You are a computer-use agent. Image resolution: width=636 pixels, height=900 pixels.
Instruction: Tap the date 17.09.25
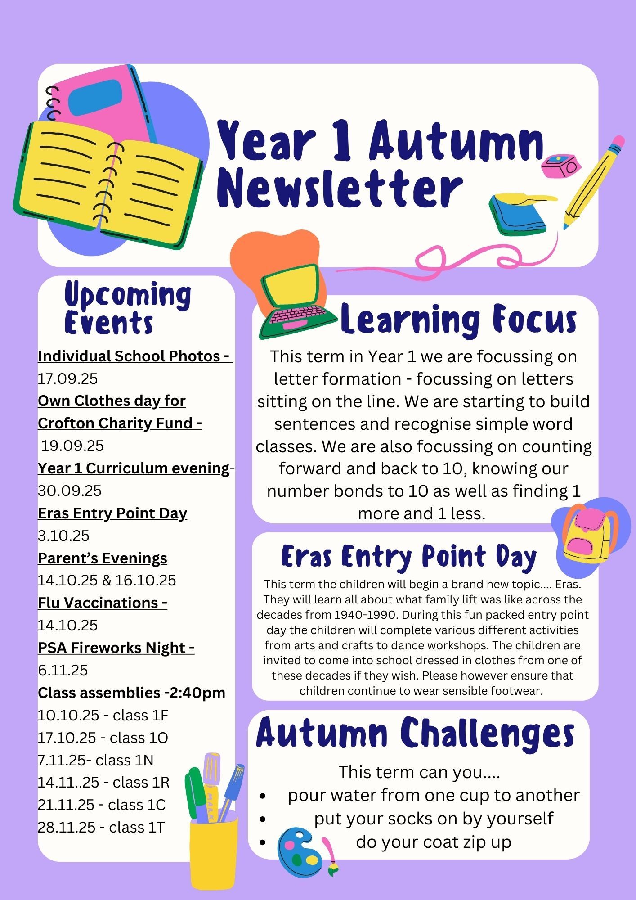(67, 378)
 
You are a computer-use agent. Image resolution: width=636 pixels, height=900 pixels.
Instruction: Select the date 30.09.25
(70, 490)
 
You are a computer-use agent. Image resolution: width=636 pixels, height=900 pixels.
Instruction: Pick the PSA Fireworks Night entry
(116, 648)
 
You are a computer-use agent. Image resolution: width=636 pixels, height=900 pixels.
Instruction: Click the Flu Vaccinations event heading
(102, 603)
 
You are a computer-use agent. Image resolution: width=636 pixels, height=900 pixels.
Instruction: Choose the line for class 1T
(101, 827)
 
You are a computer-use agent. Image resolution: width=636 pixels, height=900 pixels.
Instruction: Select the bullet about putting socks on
(434, 819)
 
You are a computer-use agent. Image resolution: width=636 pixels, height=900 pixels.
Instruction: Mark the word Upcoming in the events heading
(128, 295)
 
